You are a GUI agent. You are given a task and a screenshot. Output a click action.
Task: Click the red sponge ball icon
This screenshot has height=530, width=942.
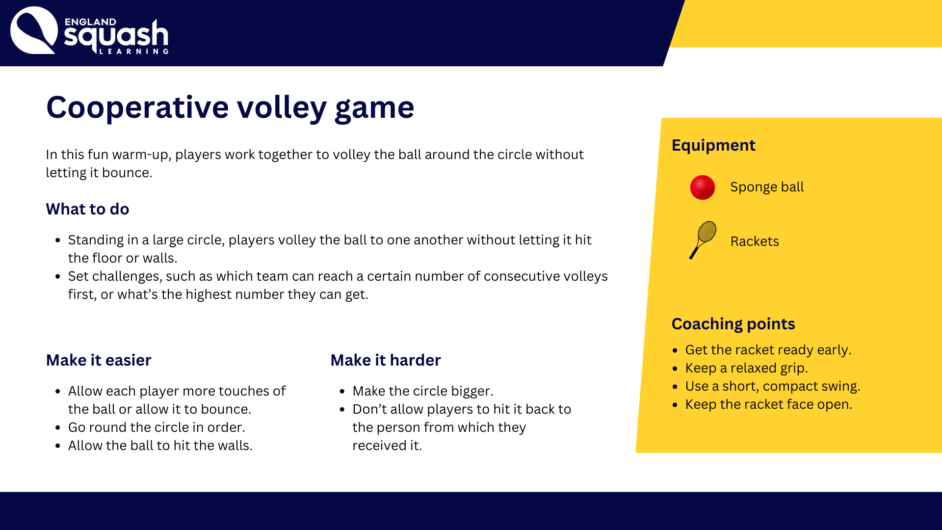pyautogui.click(x=702, y=187)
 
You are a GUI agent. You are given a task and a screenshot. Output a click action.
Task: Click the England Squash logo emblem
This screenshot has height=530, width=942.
pyautogui.click(x=34, y=30)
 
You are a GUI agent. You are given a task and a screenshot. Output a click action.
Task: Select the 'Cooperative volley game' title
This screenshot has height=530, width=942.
pyautogui.click(x=230, y=107)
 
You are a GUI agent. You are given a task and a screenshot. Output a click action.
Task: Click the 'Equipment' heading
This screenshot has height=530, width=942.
pyautogui.click(x=713, y=145)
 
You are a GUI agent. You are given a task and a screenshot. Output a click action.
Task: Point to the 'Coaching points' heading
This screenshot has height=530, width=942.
pyautogui.click(x=733, y=324)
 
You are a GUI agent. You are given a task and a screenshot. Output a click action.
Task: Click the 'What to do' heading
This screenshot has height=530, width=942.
pyautogui.click(x=87, y=209)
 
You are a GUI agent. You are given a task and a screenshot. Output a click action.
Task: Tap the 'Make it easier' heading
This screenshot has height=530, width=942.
pyautogui.click(x=99, y=360)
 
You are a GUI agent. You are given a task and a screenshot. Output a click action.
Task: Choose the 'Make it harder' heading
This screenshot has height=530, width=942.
pyautogui.click(x=386, y=360)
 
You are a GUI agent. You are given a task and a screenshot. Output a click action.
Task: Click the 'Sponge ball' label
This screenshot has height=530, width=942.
pyautogui.click(x=767, y=187)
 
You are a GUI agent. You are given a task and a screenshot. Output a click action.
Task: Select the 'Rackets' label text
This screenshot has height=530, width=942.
pyautogui.click(x=755, y=241)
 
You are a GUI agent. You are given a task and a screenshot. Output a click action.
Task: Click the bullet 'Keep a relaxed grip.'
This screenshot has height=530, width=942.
pyautogui.click(x=746, y=368)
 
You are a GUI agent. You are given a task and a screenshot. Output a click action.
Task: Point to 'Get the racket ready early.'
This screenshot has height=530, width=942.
pyautogui.click(x=768, y=350)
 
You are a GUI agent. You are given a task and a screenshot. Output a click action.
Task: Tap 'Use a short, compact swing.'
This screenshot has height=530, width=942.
pyautogui.click(x=773, y=386)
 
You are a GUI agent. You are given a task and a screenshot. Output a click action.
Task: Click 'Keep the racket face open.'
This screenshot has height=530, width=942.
pyautogui.click(x=769, y=404)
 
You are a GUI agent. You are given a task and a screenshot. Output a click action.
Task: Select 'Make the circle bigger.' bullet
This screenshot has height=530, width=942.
pyautogui.click(x=423, y=391)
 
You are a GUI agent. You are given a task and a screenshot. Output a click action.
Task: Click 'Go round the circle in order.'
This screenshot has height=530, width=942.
pyautogui.click(x=157, y=427)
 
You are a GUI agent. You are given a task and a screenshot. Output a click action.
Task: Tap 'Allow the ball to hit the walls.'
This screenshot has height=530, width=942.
pyautogui.click(x=160, y=446)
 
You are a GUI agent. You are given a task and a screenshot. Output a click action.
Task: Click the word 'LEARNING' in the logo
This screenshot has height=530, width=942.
pyautogui.click(x=134, y=51)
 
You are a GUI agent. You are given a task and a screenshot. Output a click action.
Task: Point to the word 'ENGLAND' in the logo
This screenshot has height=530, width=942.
pyautogui.click(x=90, y=22)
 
